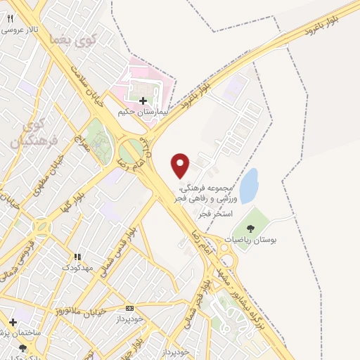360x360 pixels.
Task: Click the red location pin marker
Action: coord(181,165)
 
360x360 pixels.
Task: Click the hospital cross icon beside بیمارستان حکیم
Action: coord(144,101)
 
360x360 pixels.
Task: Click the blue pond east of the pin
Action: coord(249,184)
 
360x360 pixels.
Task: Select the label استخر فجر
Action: coord(215,212)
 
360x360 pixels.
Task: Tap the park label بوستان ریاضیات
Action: coord(250,240)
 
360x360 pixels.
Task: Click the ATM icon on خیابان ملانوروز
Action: coord(129,308)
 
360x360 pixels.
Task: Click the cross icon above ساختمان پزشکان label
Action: coord(13,322)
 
